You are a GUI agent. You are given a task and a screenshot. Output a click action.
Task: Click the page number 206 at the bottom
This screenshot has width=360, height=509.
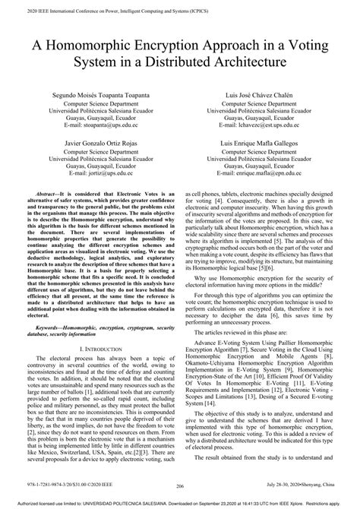(180, 488)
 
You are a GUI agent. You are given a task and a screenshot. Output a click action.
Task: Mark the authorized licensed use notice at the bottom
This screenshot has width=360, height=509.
(180, 503)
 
